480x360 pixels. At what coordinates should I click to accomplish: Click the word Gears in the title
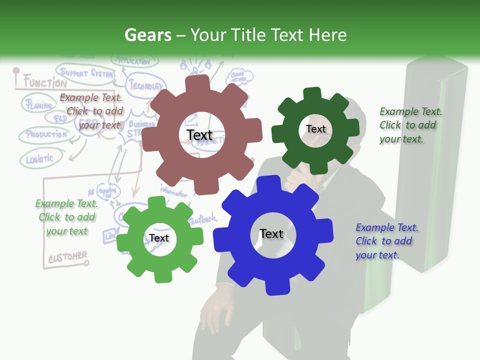147,35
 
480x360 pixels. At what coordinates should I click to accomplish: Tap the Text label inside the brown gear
199,135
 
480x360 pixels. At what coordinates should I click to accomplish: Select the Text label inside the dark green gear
316,129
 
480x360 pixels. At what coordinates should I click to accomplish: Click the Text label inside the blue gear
271,233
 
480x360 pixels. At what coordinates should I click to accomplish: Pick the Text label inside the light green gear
159,238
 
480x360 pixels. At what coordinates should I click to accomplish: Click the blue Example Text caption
386,241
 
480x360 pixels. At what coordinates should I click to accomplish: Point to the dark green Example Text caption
410,125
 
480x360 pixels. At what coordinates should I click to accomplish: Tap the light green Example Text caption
66,217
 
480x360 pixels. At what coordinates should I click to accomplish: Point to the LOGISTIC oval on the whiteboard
39,159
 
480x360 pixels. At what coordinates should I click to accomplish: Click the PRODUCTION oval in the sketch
46,134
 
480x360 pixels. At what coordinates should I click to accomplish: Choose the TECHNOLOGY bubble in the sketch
146,85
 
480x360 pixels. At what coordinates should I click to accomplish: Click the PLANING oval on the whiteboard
38,105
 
